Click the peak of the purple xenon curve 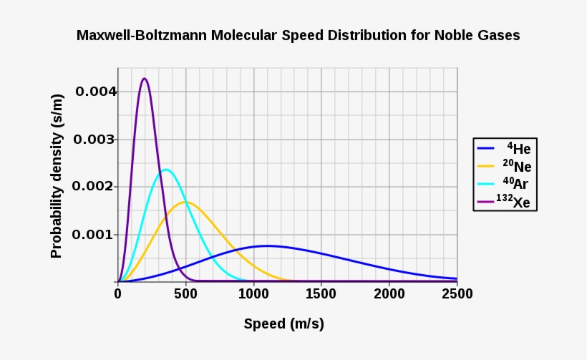(145, 79)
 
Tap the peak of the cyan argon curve (166, 170)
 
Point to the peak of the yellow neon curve (185, 202)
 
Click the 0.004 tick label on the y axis (96, 92)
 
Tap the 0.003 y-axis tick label (96, 139)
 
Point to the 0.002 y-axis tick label (96, 187)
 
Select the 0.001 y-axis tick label (96, 235)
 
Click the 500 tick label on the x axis (185, 293)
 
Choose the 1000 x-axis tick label (253, 293)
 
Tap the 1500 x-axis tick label (321, 293)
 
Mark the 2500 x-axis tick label (457, 293)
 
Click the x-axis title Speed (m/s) (283, 323)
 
